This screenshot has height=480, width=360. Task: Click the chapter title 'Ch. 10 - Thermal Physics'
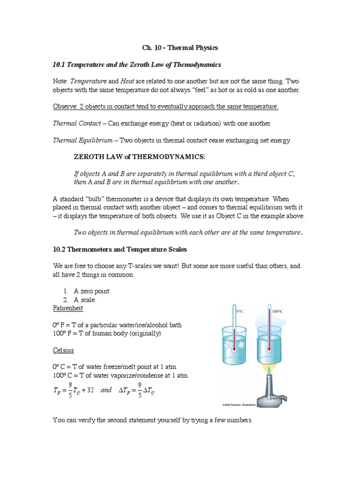180,48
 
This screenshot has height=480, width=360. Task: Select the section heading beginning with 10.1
137,64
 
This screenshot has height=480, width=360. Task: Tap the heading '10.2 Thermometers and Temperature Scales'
121,249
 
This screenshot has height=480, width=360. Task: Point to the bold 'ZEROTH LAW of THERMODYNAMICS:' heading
140,156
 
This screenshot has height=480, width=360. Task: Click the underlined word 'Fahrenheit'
68,309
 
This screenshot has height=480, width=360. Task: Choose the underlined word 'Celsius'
63,350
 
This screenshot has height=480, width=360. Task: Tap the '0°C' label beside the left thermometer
240,311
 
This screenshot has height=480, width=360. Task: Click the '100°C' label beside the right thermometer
277,311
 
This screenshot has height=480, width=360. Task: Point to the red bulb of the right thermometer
270,349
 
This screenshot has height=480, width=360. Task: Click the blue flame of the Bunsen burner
270,372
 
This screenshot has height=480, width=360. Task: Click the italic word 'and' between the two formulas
106,390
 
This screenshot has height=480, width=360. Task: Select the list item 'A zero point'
91,291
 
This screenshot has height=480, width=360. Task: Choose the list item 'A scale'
84,300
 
